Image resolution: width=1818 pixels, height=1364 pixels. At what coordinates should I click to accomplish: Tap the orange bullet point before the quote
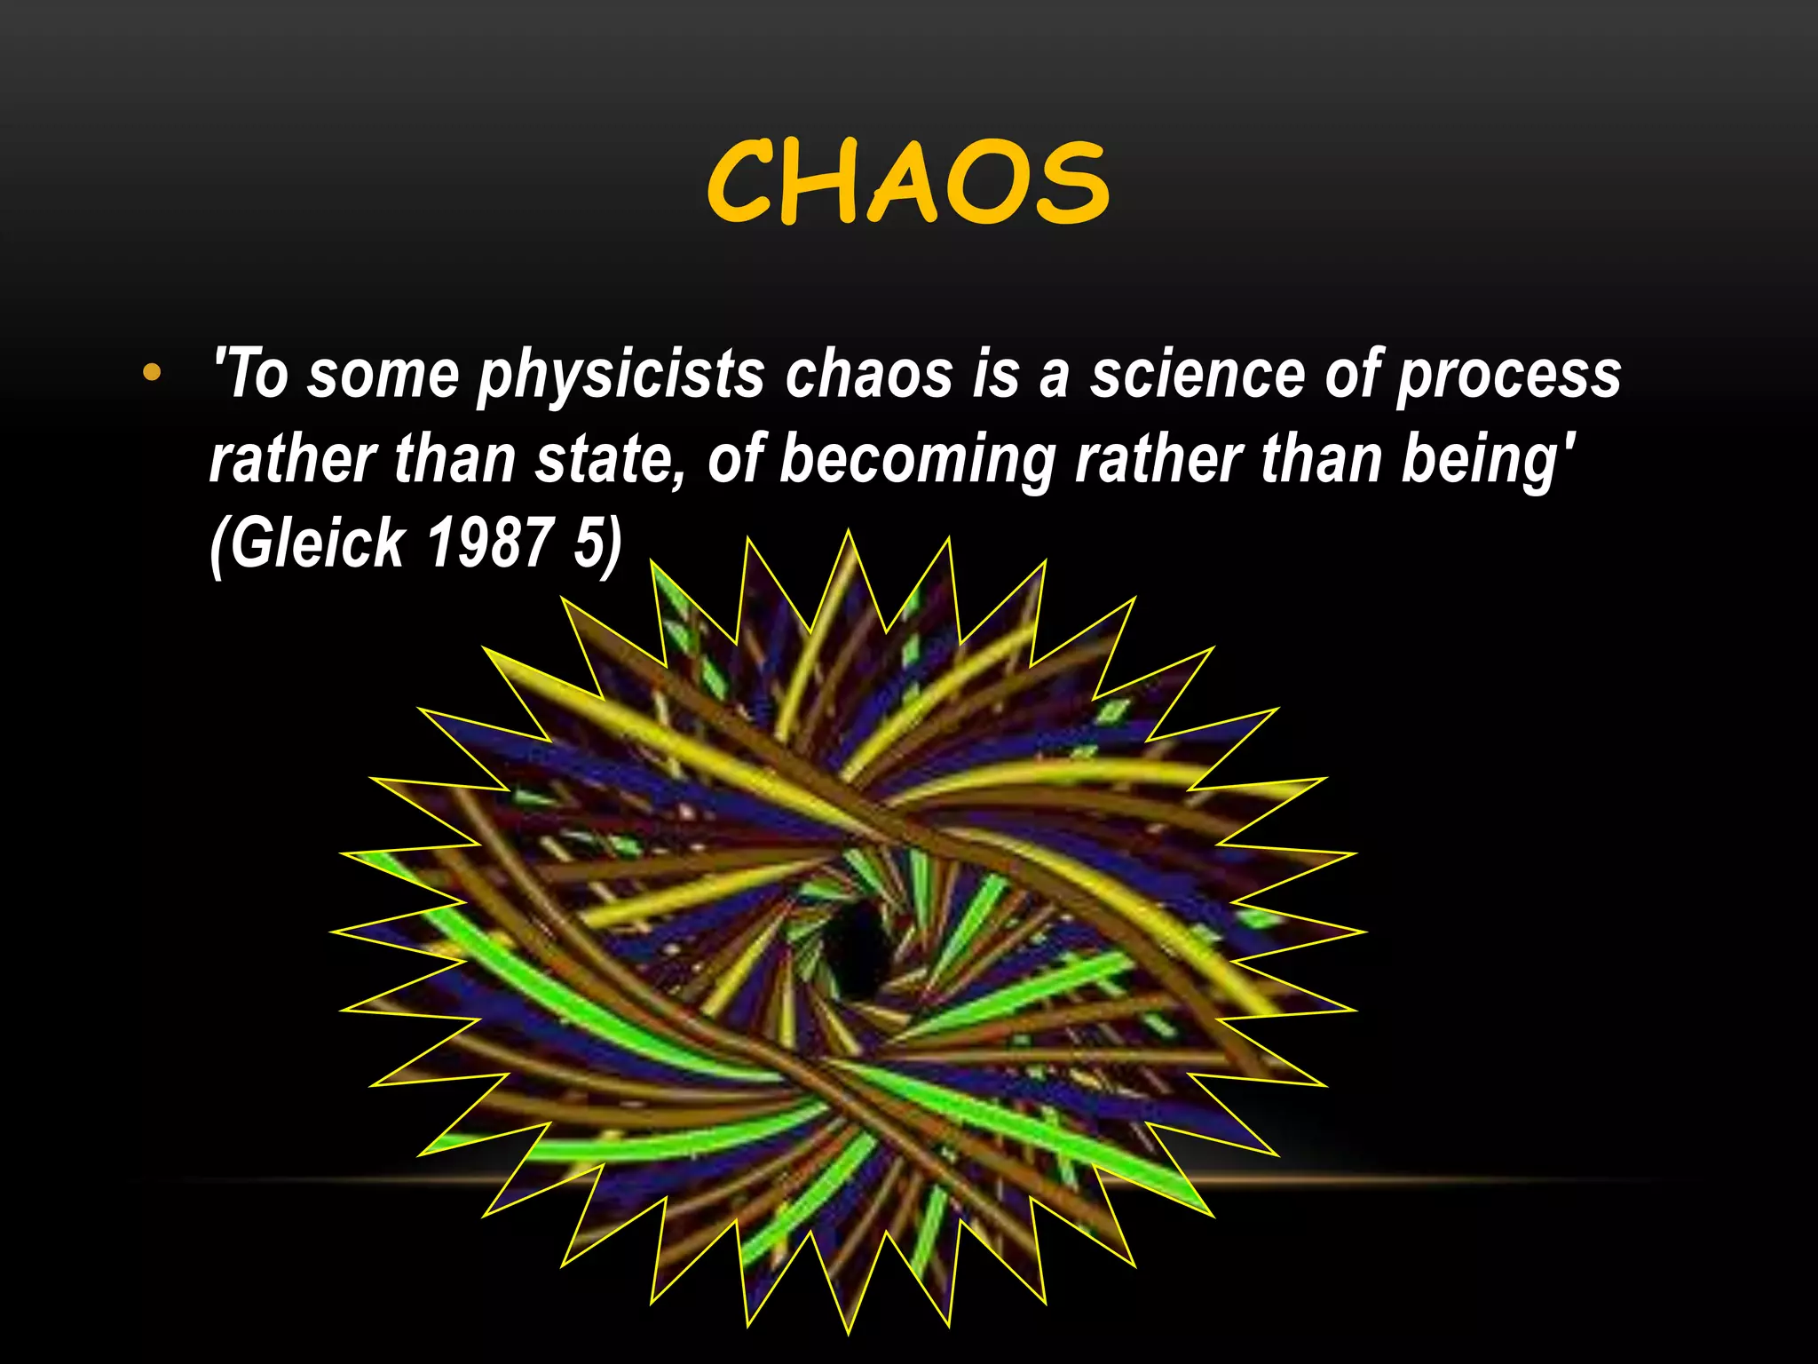pos(152,373)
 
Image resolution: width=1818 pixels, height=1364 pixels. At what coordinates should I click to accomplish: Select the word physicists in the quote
pos(620,375)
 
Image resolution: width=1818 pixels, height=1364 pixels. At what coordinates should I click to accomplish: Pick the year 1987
pos(489,543)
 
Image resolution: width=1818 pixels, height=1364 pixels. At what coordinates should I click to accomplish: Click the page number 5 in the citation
pos(589,543)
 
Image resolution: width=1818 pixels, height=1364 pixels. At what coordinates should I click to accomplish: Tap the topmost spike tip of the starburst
pos(849,532)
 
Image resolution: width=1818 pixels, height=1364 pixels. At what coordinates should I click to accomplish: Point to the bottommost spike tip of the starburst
pos(849,1333)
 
